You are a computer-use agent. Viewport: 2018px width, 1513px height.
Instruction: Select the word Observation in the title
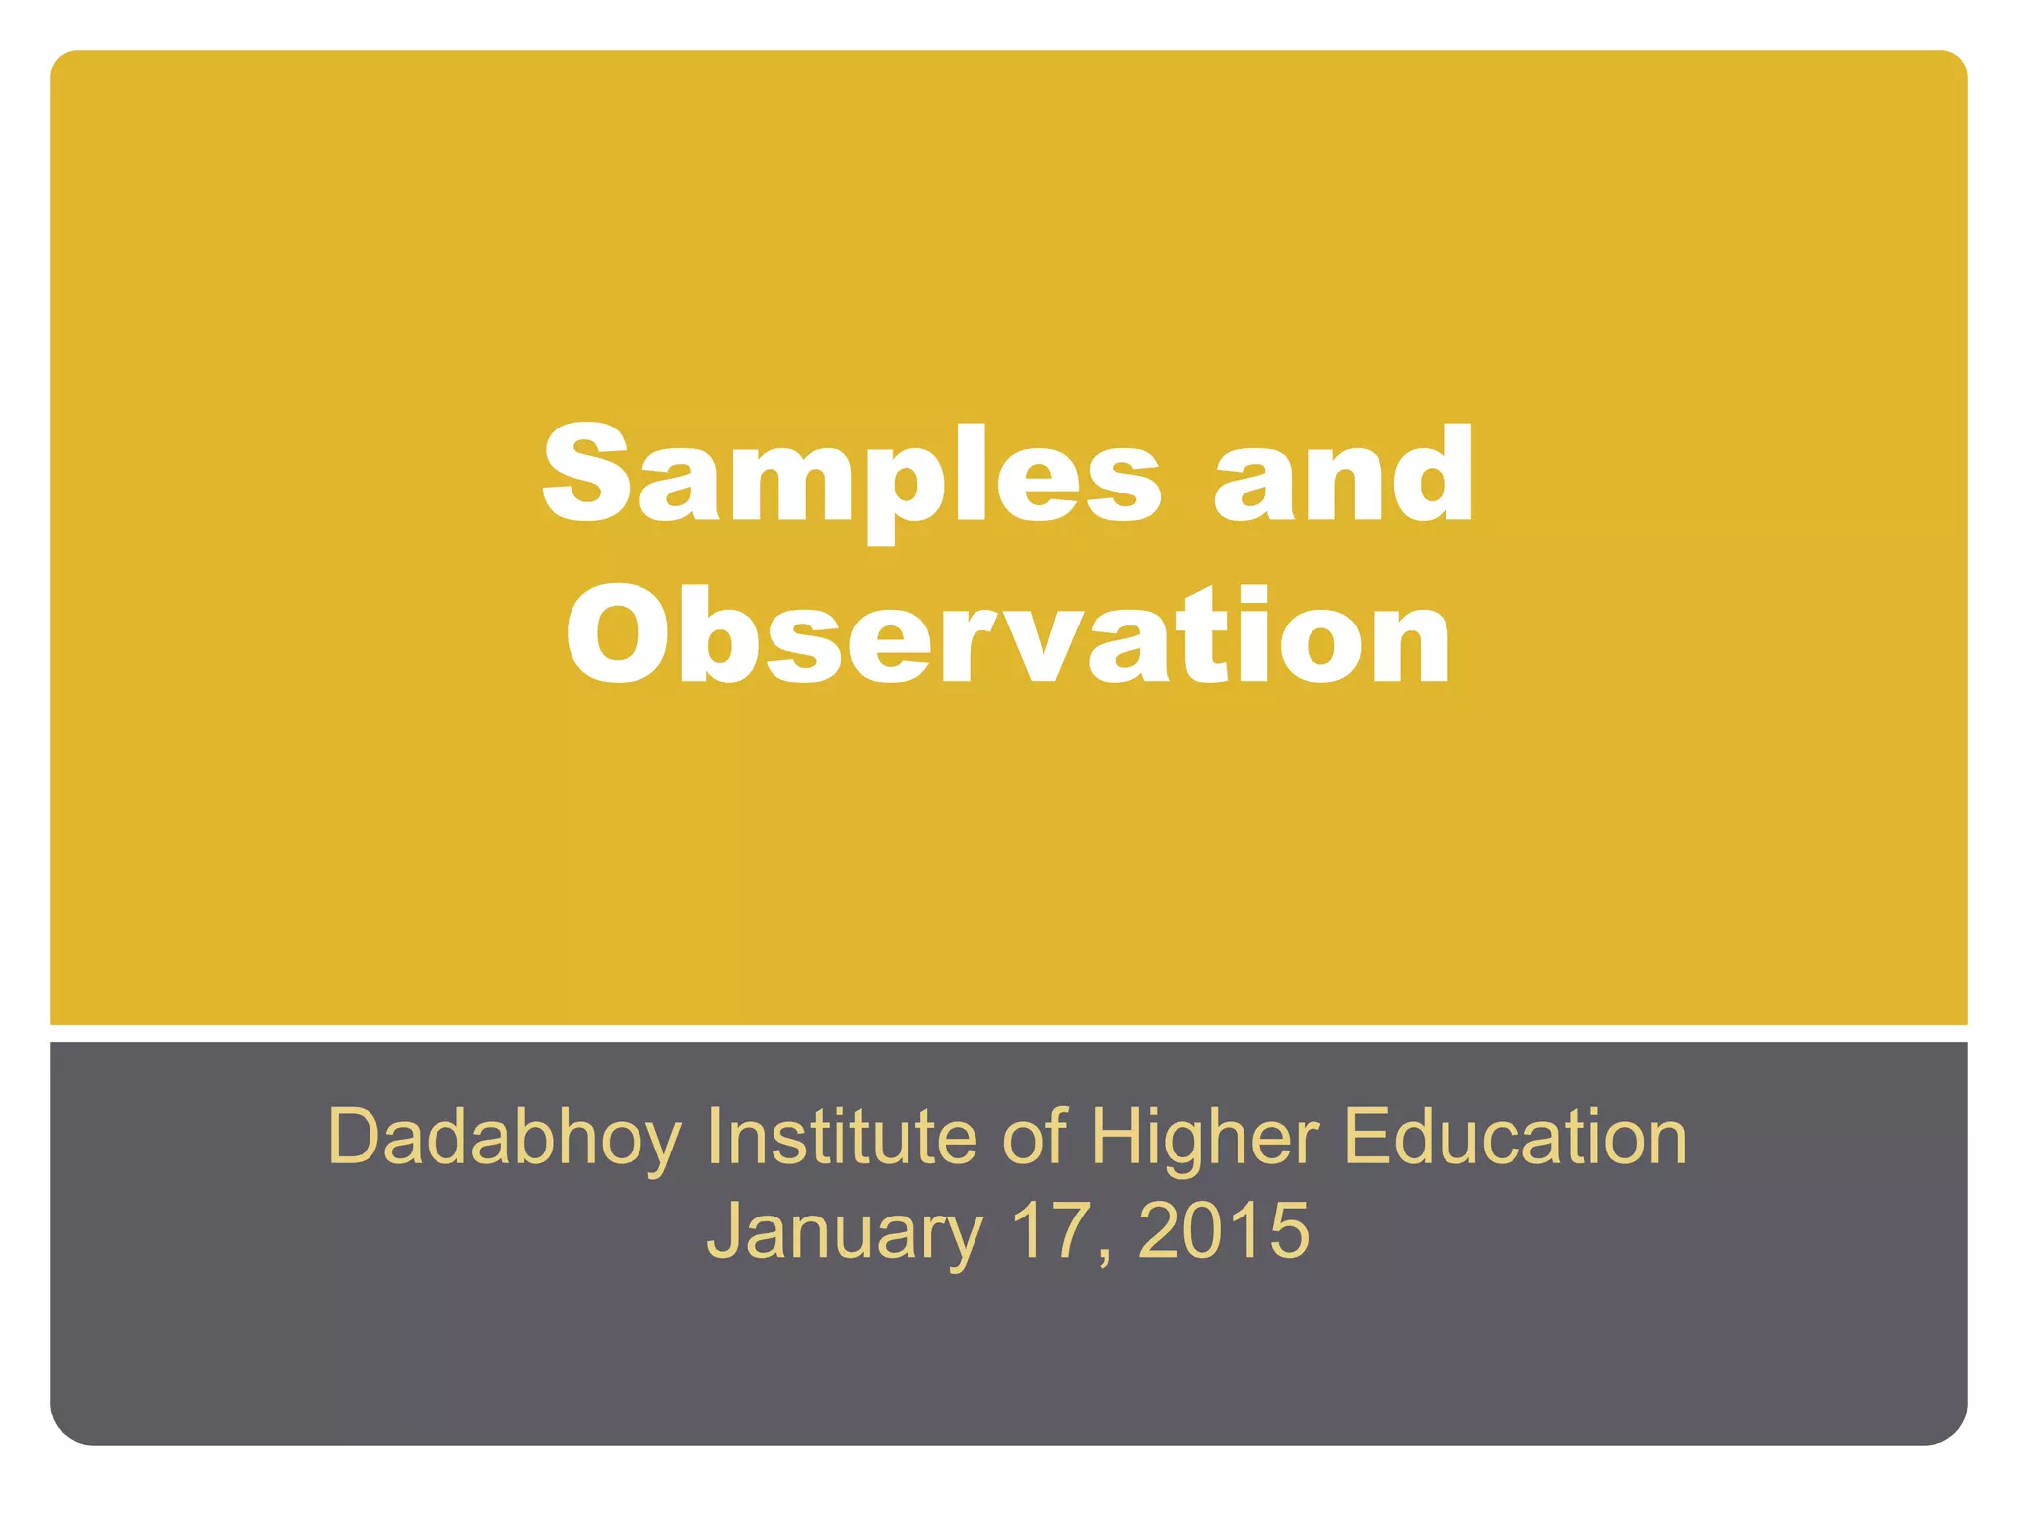pos(1008,635)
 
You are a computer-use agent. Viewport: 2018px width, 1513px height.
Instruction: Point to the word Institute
pos(841,1137)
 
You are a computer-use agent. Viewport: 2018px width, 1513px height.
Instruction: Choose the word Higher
pos(1204,1139)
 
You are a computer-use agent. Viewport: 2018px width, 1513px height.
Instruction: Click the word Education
pos(1515,1137)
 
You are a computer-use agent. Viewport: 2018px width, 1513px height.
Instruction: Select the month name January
pos(844,1231)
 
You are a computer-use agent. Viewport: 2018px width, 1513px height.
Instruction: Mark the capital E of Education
pos(1368,1137)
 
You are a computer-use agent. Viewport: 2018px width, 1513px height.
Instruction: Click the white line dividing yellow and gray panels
pos(1008,1033)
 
